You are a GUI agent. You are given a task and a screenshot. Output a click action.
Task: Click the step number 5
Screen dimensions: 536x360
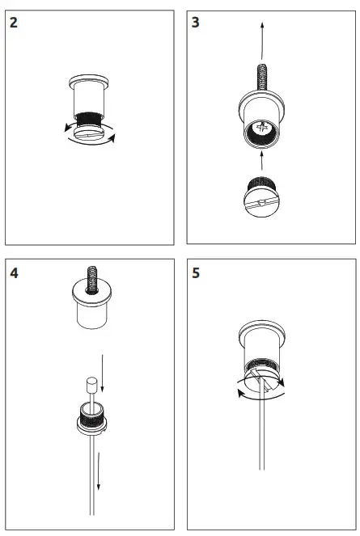[x=197, y=272]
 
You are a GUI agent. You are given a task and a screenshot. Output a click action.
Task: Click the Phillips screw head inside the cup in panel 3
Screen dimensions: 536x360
[x=264, y=128]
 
